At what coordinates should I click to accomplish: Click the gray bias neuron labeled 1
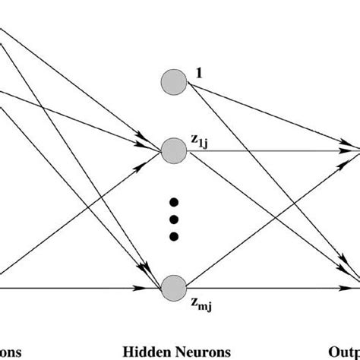(x=174, y=82)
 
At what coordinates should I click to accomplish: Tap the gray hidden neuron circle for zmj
(x=174, y=288)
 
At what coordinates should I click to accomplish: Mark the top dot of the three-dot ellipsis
(x=174, y=203)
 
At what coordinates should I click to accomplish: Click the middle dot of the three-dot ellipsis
(x=174, y=219)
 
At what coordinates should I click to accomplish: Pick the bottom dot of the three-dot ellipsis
(x=174, y=236)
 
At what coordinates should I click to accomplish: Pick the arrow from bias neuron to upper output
(x=266, y=114)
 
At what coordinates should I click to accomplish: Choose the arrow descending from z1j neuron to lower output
(x=266, y=213)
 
